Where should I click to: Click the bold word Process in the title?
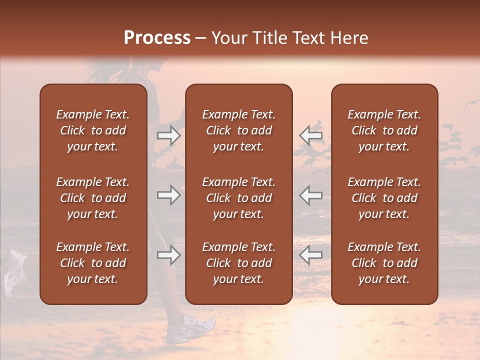point(157,37)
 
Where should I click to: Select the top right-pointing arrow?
point(169,135)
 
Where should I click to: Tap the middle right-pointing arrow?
point(169,195)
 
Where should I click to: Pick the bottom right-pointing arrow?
point(169,255)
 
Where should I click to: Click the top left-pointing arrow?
point(311,135)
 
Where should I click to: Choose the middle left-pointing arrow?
point(311,195)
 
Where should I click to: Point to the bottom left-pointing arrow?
point(311,255)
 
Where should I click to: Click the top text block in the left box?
point(93,130)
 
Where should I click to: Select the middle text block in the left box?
point(93,198)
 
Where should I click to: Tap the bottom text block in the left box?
point(93,263)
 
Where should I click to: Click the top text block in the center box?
point(238,130)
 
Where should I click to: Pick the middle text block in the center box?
point(238,198)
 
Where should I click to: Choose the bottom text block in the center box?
point(238,263)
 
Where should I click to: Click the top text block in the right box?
point(384,130)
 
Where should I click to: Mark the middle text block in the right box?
point(384,198)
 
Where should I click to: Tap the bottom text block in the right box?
point(384,263)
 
